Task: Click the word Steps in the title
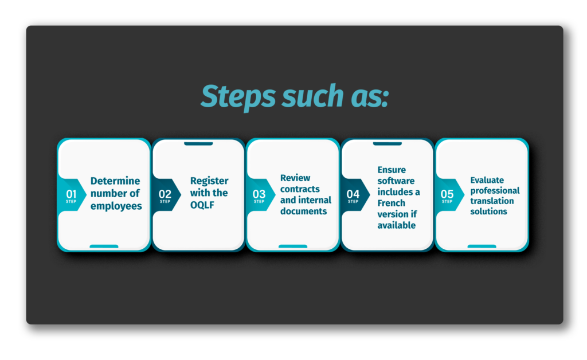tap(238, 96)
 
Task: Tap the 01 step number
tap(71, 194)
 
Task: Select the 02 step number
tap(165, 194)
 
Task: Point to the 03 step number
tap(259, 194)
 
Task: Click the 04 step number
tap(353, 194)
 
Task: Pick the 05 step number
tap(447, 194)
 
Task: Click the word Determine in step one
tap(115, 181)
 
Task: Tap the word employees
tap(116, 206)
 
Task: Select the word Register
tap(209, 181)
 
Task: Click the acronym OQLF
tap(202, 205)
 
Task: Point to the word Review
tap(295, 178)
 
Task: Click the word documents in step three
tap(304, 211)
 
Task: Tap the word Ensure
tap(392, 170)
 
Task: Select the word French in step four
tap(391, 203)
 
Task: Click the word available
tap(397, 225)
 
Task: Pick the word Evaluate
tap(487, 180)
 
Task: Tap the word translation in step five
tap(492, 201)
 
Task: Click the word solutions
tap(488, 212)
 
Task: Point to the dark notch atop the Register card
tap(198, 143)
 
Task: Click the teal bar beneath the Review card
tap(293, 246)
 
